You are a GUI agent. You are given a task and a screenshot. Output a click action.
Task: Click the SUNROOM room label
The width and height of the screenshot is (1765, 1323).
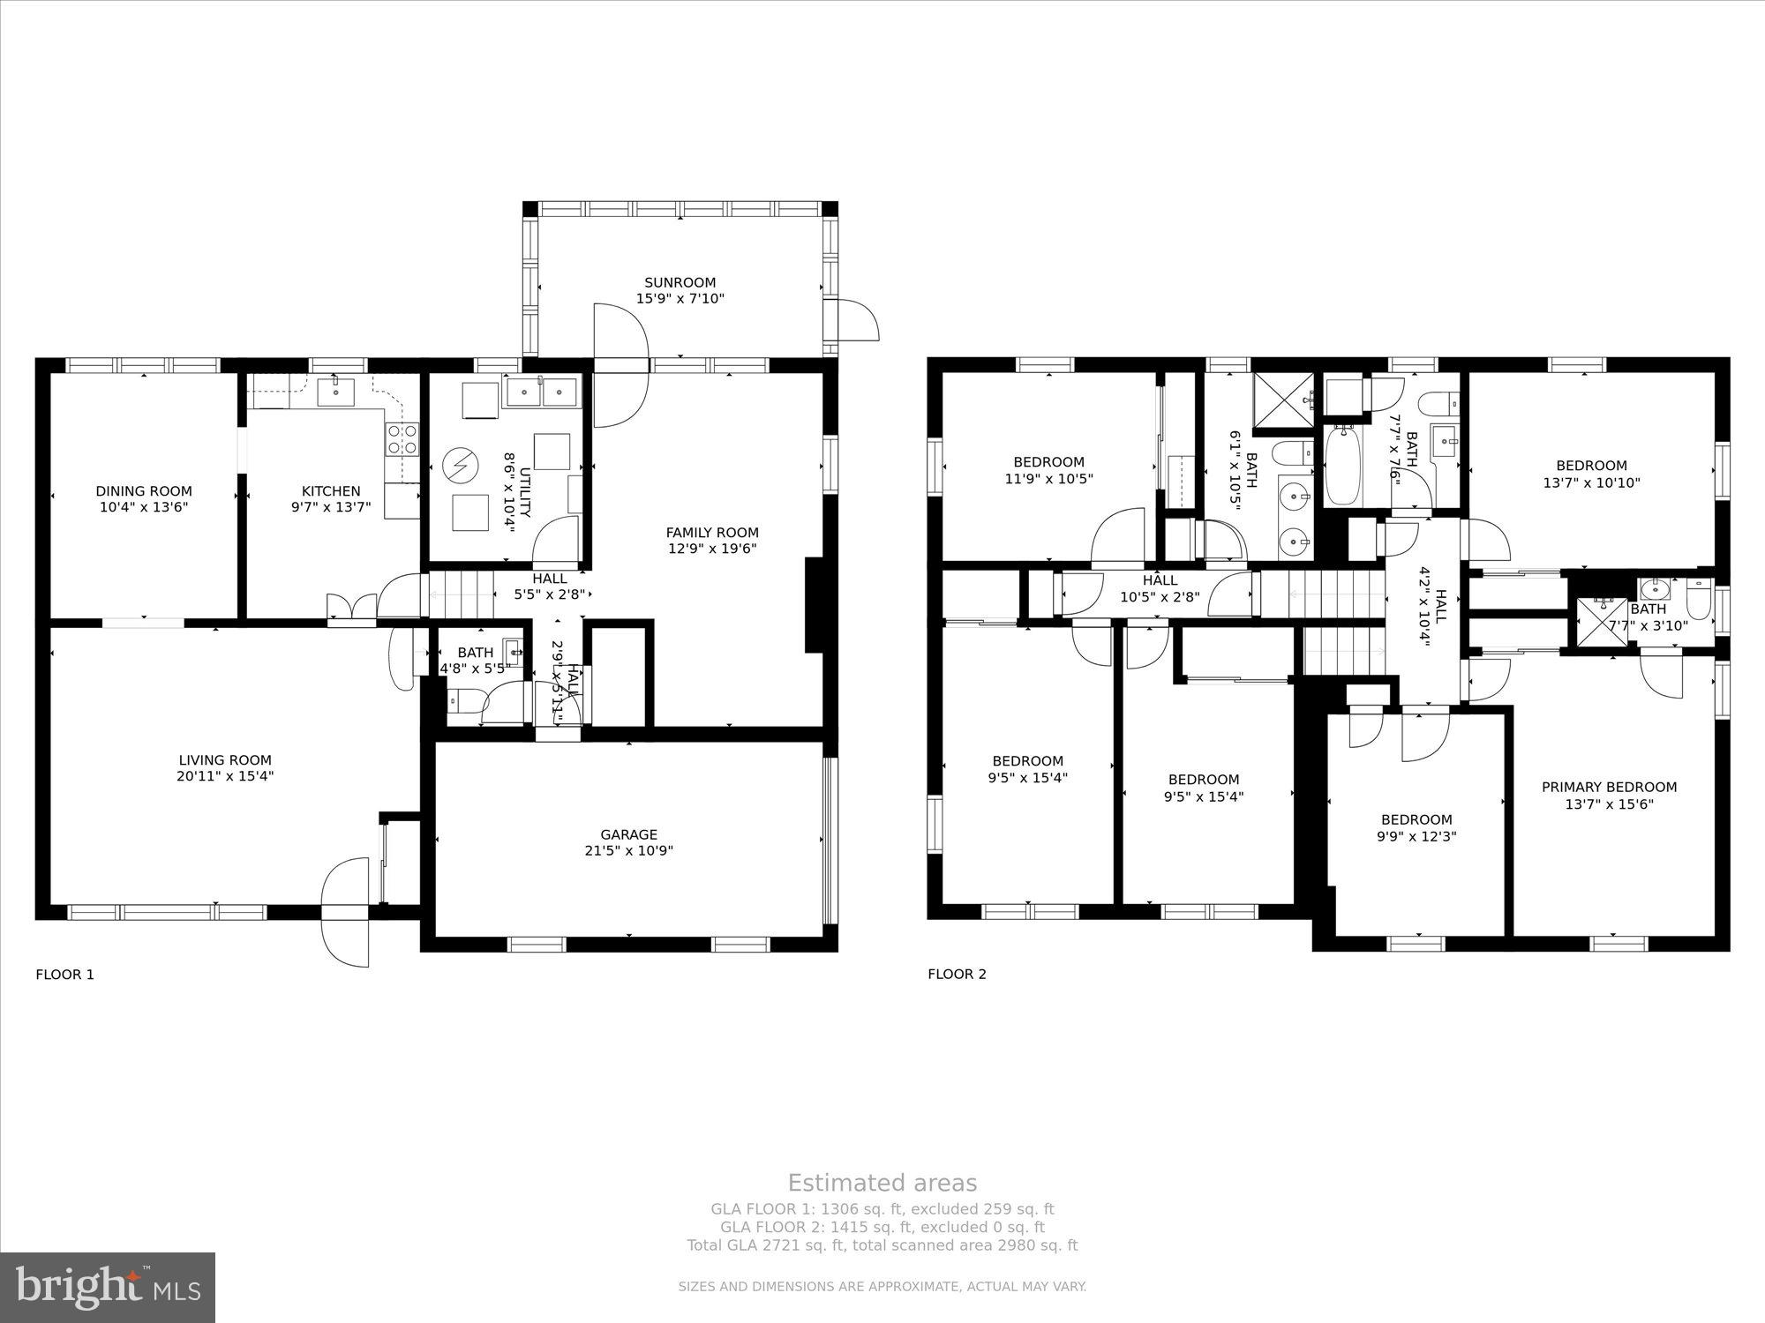click(680, 283)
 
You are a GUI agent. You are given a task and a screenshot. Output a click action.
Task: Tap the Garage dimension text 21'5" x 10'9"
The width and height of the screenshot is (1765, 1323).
click(629, 851)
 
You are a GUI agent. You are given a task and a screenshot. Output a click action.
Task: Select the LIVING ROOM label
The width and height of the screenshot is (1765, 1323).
click(225, 760)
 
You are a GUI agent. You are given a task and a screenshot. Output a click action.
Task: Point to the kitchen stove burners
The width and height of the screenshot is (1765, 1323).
click(402, 439)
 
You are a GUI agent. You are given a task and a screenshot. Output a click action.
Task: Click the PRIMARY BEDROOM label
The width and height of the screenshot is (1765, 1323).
click(1609, 788)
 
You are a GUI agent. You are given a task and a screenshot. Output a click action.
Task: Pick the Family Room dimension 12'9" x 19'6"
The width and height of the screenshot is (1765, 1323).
click(712, 549)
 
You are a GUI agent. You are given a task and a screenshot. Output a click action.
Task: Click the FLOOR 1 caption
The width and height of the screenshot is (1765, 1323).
click(64, 975)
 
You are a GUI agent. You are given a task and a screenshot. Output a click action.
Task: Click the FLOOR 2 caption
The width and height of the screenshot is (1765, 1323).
click(957, 975)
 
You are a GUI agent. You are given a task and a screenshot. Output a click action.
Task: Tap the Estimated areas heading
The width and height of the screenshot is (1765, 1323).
click(882, 1184)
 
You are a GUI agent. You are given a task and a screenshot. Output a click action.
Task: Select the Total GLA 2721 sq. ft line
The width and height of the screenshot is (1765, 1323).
click(882, 1245)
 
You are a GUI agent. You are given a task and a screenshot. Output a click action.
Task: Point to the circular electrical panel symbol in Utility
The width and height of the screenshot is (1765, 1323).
click(459, 463)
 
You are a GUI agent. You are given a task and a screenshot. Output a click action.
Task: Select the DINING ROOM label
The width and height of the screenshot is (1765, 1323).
click(144, 491)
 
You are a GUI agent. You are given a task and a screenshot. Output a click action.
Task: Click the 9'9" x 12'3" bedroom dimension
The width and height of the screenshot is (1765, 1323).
click(1416, 836)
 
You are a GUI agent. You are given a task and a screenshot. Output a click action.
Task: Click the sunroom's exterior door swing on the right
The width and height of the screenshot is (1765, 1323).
click(856, 320)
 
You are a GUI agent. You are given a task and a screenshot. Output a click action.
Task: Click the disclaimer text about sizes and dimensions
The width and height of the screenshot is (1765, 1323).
click(882, 1287)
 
